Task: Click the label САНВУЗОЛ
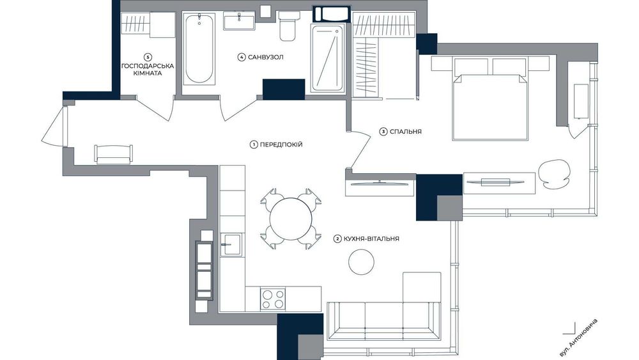[x=265, y=57]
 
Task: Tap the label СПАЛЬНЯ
[x=406, y=132]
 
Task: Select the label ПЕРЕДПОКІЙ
[x=281, y=145]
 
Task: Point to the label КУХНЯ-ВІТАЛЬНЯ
[x=371, y=239]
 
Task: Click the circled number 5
[x=148, y=57]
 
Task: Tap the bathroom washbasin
[x=239, y=21]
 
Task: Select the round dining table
[x=291, y=219]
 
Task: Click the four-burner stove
[x=273, y=299]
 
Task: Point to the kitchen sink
[x=231, y=245]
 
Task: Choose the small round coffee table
[x=362, y=262]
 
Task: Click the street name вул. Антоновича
[x=578, y=338]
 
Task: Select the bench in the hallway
[x=114, y=154]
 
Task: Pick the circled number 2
[x=337, y=239]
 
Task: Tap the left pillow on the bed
[x=472, y=67]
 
